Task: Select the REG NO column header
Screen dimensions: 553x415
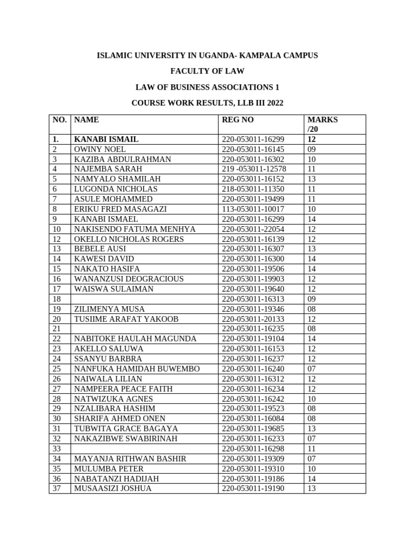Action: click(238, 119)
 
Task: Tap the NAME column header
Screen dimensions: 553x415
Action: click(86, 119)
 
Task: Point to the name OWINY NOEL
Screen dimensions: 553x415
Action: click(100, 149)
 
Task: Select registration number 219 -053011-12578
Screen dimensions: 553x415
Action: click(254, 169)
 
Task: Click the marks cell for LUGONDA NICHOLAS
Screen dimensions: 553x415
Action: click(312, 189)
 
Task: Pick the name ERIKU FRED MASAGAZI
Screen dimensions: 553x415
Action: click(121, 209)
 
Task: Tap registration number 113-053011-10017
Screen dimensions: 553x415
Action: click(253, 209)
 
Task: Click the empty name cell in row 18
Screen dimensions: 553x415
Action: click(144, 299)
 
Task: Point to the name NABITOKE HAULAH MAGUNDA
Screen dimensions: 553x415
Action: click(135, 339)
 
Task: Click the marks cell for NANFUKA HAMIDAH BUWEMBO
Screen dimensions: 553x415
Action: click(312, 369)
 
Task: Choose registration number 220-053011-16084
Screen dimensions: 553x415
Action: click(253, 419)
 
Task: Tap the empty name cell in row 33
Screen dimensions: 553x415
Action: click(144, 449)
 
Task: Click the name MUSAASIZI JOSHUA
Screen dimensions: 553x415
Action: click(113, 489)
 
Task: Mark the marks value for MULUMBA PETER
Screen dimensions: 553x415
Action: click(312, 469)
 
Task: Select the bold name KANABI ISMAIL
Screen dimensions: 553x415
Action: click(106, 139)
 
